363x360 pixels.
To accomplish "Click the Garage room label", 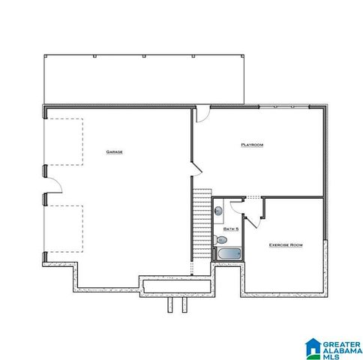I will (115, 151).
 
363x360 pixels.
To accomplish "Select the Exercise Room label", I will (286, 244).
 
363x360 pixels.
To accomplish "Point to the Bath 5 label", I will (231, 227).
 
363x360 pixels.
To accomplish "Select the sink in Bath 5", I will (219, 211).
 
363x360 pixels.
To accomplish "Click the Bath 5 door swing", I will (236, 205).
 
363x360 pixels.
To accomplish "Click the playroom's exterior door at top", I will (202, 115).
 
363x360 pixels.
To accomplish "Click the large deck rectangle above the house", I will (145, 78).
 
